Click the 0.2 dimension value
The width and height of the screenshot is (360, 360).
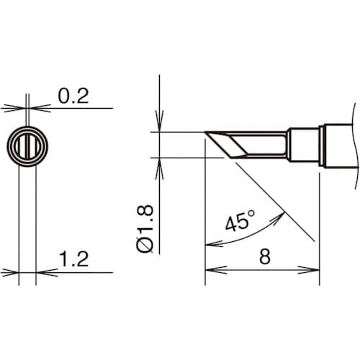[x=72, y=96]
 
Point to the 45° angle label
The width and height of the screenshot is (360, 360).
[x=240, y=222]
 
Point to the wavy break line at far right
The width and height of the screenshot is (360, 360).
[x=354, y=144]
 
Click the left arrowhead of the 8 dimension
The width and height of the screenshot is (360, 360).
[x=211, y=270]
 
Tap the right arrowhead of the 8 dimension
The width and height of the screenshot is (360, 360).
[x=314, y=270]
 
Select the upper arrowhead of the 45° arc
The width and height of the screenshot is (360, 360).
[x=276, y=214]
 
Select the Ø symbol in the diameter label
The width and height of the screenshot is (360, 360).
[x=143, y=246]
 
